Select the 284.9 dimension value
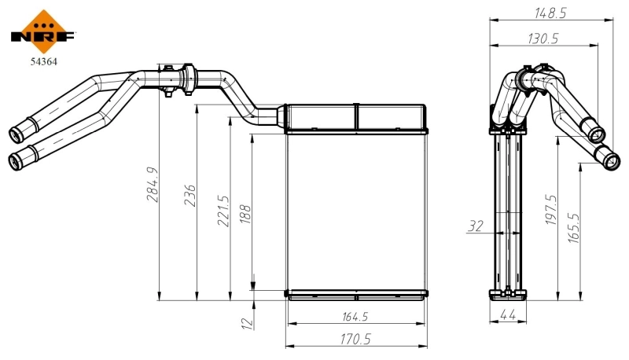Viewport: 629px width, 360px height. point(152,183)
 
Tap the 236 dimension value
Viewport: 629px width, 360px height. point(189,195)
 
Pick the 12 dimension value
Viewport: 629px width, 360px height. point(245,321)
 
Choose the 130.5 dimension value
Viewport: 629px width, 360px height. point(542,38)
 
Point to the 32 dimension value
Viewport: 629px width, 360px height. point(476,226)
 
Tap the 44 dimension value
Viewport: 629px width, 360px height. point(506,315)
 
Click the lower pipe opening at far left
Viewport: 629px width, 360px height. point(14,162)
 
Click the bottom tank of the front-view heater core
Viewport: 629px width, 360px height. point(357,295)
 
